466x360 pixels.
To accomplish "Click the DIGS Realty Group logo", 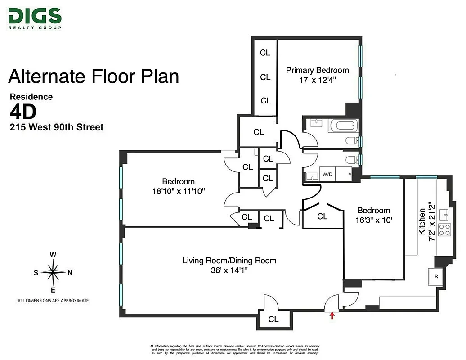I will pos(35,18).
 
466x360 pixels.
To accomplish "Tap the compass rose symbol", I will pos(53,272).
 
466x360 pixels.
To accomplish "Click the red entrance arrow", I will pos(332,315).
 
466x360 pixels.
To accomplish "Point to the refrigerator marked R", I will pos(436,276).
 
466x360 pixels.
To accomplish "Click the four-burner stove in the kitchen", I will pos(444,229).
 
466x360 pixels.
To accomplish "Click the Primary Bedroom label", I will pos(317,70).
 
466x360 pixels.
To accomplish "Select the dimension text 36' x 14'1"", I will pos(229,270).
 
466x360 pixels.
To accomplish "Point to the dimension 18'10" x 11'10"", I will pos(179,191).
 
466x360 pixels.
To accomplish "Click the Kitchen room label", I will pos(422,221).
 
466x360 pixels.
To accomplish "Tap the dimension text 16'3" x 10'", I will pos(373,220).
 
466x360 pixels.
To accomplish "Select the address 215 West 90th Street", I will pos(57,127).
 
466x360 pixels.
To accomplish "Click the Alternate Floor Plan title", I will pos(94,76).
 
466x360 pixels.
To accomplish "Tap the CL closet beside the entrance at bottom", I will pos(273,319).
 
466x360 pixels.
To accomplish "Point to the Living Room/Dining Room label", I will pos(229,261).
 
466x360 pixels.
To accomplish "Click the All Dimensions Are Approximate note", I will pos(53,300).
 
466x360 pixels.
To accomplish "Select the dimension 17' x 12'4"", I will pos(317,80).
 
